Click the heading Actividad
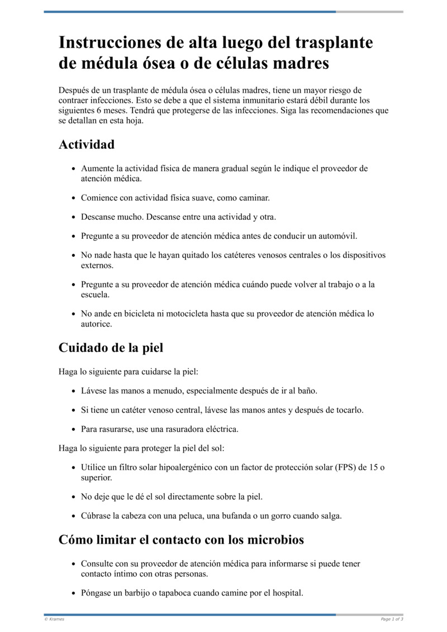[87, 144]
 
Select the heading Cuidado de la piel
[111, 347]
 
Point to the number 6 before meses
[98, 110]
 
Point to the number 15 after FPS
[373, 468]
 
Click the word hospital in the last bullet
[285, 593]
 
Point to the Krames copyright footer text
[54, 619]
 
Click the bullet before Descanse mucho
[74, 217]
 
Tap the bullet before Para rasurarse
[74, 430]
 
